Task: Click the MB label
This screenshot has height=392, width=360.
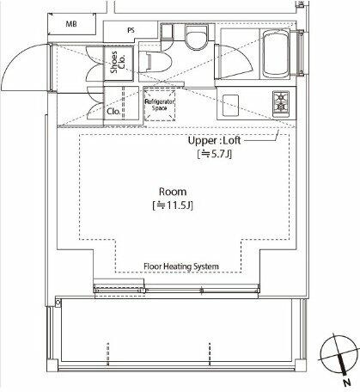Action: tap(71, 24)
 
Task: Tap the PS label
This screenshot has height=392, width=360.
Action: tap(131, 30)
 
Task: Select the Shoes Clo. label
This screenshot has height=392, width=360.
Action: tap(118, 62)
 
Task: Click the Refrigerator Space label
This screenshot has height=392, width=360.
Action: tap(160, 105)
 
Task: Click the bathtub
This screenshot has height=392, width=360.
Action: tap(276, 54)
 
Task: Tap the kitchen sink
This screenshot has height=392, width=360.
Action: tap(230, 106)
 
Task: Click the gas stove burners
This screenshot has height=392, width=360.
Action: tap(281, 101)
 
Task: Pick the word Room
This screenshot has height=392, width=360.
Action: tap(173, 192)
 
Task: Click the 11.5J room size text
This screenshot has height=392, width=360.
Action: tap(173, 205)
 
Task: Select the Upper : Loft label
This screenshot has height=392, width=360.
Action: tap(214, 140)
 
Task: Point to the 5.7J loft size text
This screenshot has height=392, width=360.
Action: tap(215, 154)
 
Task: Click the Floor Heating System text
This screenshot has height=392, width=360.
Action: tap(181, 266)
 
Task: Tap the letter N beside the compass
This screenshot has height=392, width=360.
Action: tap(347, 383)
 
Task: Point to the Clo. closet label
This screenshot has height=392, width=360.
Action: tap(113, 112)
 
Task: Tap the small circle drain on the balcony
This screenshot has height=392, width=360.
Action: tap(58, 303)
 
